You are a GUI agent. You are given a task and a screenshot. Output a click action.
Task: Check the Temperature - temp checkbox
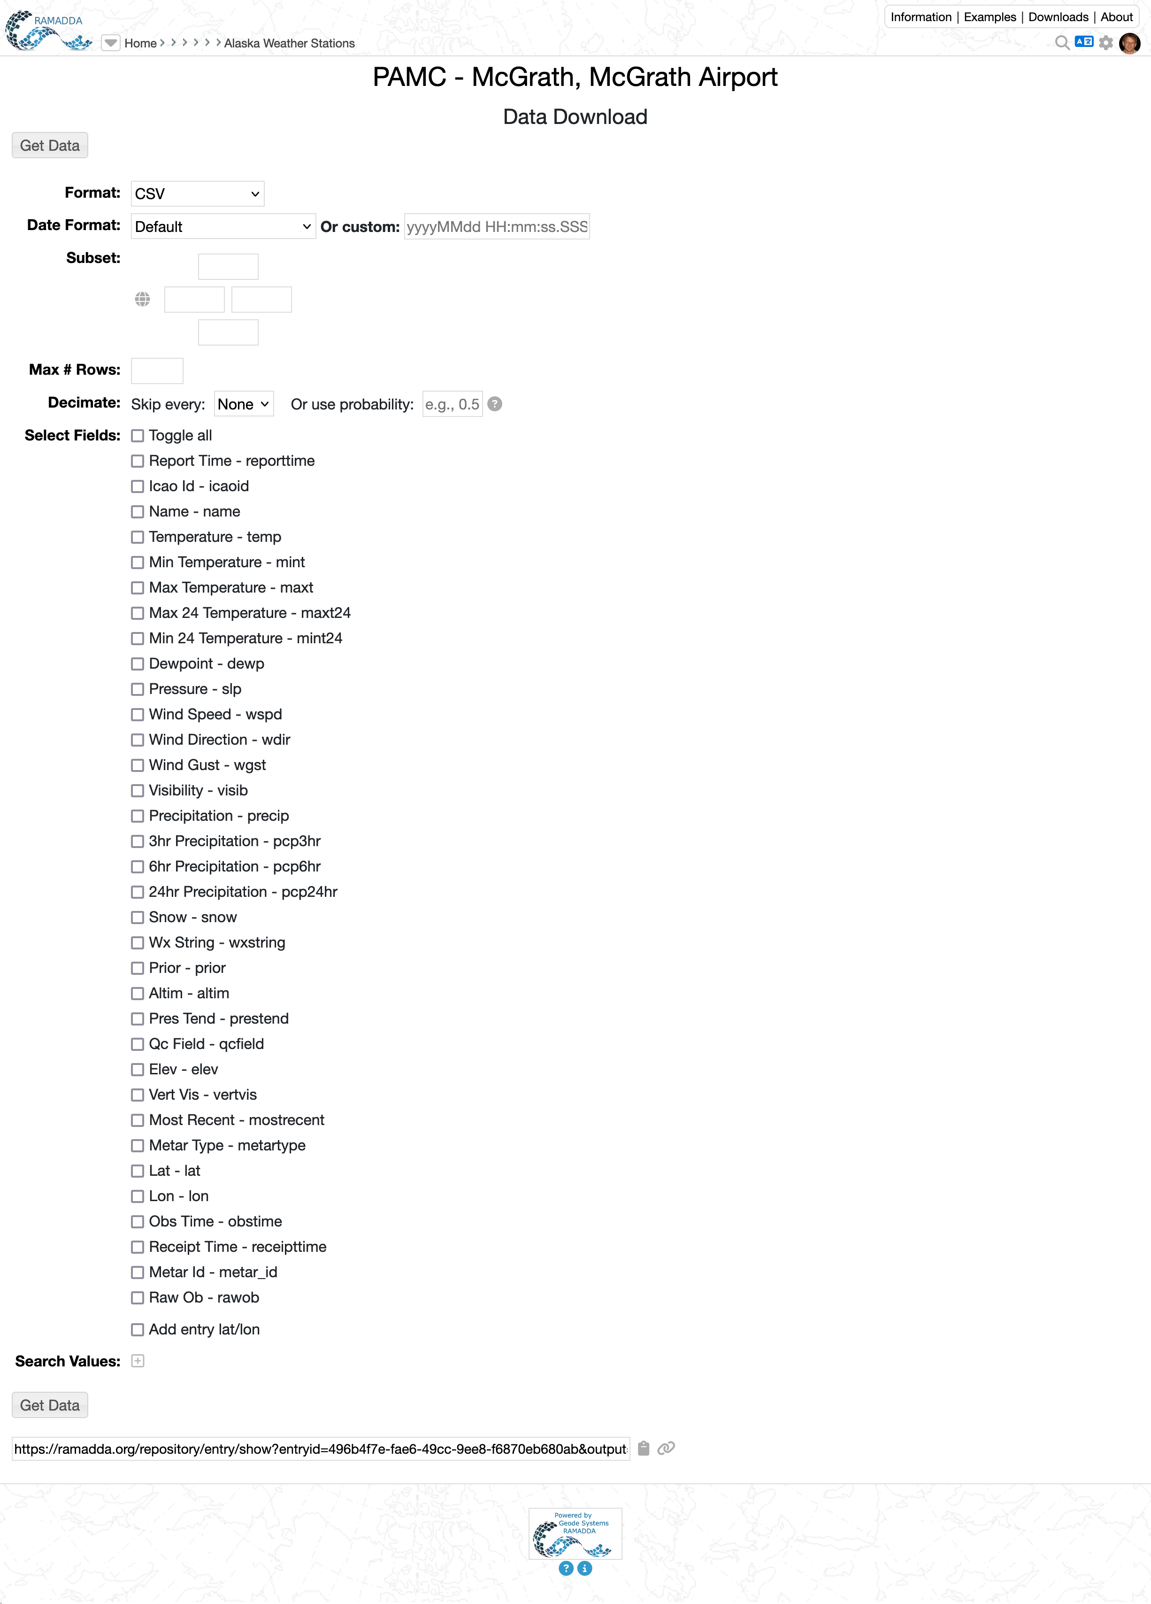(x=137, y=538)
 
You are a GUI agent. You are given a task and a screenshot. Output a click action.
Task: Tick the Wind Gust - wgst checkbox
(x=137, y=765)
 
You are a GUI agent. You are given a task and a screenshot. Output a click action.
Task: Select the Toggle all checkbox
(x=137, y=436)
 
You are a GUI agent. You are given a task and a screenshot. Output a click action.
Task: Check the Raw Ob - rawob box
(x=137, y=1298)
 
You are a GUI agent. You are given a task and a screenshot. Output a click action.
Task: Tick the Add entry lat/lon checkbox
(x=137, y=1330)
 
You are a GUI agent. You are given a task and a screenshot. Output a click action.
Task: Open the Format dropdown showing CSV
(x=197, y=194)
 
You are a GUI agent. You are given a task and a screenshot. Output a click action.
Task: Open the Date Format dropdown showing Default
(x=223, y=227)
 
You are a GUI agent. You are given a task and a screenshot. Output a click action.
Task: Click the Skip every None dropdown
(x=243, y=405)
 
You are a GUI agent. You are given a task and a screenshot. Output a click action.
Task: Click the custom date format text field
(x=496, y=227)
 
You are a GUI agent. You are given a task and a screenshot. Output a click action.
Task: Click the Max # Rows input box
(x=157, y=370)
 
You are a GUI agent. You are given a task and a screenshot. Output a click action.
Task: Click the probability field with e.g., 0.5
(x=452, y=405)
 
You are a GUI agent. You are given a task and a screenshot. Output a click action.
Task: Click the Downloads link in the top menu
(x=1058, y=17)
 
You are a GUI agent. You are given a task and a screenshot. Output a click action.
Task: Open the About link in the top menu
(x=1116, y=17)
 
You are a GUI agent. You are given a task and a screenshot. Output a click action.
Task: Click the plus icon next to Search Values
(x=138, y=1361)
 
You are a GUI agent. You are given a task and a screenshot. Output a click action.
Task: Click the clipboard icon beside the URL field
(x=644, y=1449)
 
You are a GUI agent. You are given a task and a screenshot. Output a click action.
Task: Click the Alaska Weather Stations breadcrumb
(x=289, y=43)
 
